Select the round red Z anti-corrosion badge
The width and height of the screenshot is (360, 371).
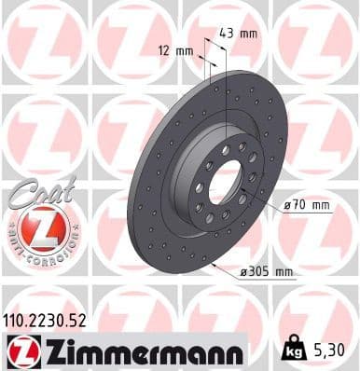[x=34, y=228]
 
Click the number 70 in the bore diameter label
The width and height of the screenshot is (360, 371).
[x=298, y=204]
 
